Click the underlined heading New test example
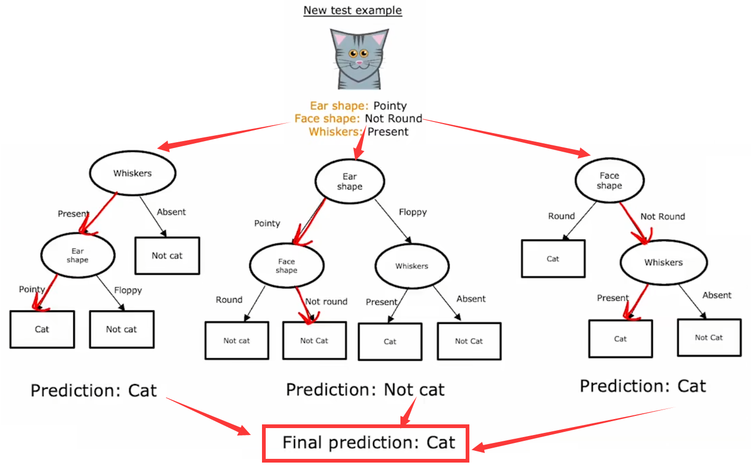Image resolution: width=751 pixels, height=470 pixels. pos(352,11)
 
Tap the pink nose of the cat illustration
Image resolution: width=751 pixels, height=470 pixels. pos(359,63)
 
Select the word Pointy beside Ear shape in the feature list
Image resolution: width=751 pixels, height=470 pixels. pos(390,106)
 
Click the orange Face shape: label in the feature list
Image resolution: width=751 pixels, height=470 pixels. pos(327,118)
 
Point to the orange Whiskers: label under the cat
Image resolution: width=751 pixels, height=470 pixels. pos(335,132)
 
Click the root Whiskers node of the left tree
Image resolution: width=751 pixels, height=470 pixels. pos(132,173)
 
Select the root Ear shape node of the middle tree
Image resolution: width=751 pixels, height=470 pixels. pos(350,181)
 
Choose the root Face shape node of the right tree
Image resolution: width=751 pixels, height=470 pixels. pos(609,180)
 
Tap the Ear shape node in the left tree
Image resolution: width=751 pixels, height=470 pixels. pos(77,255)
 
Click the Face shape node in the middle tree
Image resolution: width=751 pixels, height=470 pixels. pos(286,265)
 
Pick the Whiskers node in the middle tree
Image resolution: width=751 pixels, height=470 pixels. pos(412,266)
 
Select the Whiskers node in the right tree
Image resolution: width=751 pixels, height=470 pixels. pos(663,263)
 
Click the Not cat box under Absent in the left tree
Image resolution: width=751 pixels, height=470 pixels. pos(167,256)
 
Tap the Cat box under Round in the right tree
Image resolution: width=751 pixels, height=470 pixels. pos(553,259)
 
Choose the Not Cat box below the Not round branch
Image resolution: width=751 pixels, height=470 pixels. pos(315,341)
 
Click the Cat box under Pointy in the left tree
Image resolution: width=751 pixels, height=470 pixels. pos(42,329)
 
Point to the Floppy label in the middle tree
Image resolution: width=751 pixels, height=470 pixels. pos(413,212)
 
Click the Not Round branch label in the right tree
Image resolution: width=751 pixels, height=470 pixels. pos(662,216)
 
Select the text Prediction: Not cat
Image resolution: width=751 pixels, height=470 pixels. pos(365,390)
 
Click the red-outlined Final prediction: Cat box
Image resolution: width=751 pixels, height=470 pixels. pos(366,443)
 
